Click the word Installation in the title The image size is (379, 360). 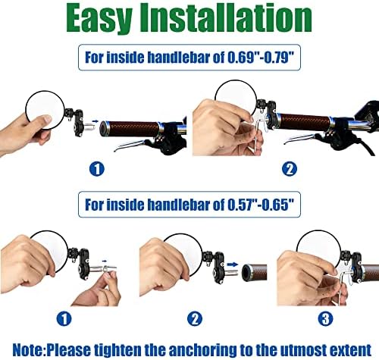pyautogui.click(x=226, y=17)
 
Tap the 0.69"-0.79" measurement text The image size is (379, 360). pyautogui.click(x=261, y=57)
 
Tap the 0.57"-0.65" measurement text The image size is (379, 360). pyautogui.click(x=261, y=204)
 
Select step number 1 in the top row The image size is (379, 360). pyautogui.click(x=97, y=169)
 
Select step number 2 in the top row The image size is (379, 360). pyautogui.click(x=290, y=169)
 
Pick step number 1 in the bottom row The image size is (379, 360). pyautogui.click(x=64, y=318)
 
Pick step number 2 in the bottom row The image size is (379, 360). pyautogui.click(x=195, y=318)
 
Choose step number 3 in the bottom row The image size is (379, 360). pyautogui.click(x=326, y=318)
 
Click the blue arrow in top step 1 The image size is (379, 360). pyautogui.click(x=95, y=121)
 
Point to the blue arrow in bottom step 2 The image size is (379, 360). pyautogui.click(x=233, y=265)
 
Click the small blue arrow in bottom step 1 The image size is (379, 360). pyautogui.click(x=105, y=261)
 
